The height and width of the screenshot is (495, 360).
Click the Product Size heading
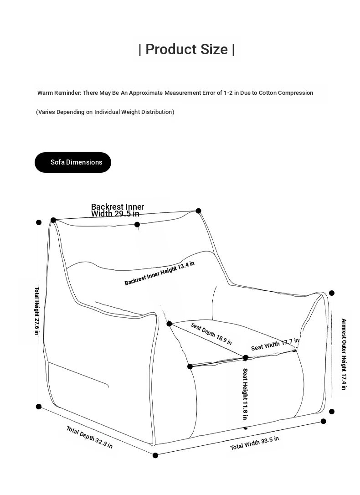pyautogui.click(x=187, y=49)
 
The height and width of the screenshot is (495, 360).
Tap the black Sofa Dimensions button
pyautogui.click(x=73, y=162)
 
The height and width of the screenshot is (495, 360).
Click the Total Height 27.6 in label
pyautogui.click(x=37, y=311)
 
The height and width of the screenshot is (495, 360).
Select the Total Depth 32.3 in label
pyautogui.click(x=89, y=437)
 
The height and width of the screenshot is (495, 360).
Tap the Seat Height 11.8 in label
pyautogui.click(x=245, y=394)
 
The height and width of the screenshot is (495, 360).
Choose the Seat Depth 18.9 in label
pyautogui.click(x=211, y=334)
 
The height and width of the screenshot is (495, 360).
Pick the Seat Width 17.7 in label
pyautogui.click(x=275, y=344)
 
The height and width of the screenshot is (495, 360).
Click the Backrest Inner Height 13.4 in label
pyautogui.click(x=159, y=273)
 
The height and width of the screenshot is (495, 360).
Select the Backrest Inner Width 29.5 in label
pyautogui.click(x=117, y=210)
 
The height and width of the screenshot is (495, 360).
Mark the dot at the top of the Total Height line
pyautogui.click(x=39, y=222)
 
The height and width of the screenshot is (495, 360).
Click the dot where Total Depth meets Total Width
pyautogui.click(x=155, y=455)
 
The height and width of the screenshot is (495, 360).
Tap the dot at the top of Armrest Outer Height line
pyautogui.click(x=332, y=293)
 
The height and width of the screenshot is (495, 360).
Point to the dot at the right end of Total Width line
pyautogui.click(x=324, y=421)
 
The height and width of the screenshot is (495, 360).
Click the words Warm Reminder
pyautogui.click(x=59, y=93)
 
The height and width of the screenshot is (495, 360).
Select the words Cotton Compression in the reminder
pyautogui.click(x=286, y=93)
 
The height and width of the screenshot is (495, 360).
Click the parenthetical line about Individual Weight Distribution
pyautogui.click(x=105, y=112)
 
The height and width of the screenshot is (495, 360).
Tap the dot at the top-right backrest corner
pyautogui.click(x=198, y=211)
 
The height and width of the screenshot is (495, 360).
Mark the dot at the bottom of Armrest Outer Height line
pyautogui.click(x=332, y=412)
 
